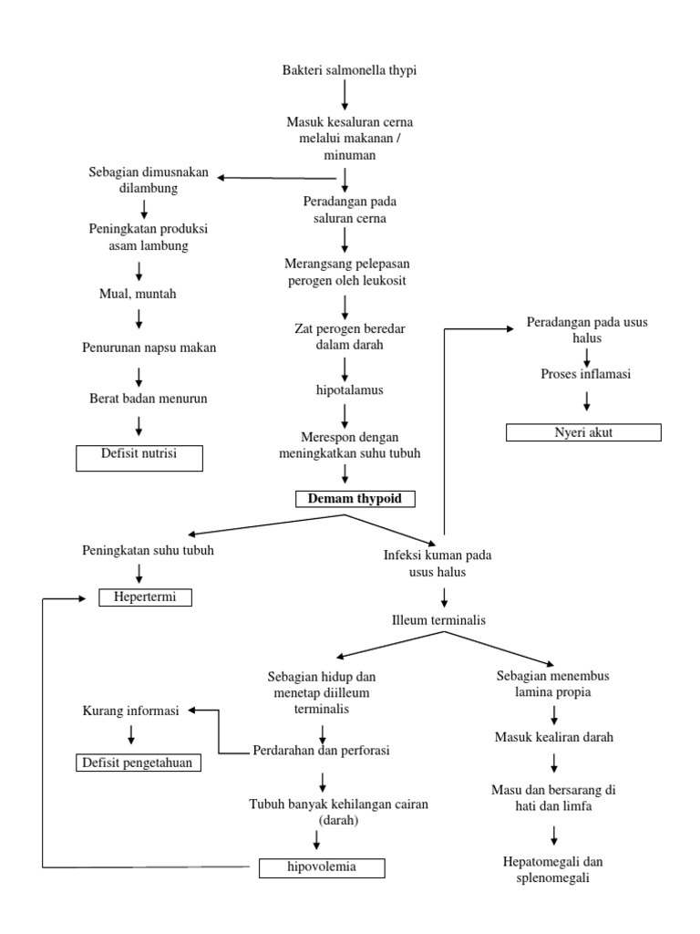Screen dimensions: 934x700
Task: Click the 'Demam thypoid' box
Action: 355,499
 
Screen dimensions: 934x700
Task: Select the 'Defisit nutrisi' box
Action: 139,458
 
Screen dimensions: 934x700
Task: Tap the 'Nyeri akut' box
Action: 583,432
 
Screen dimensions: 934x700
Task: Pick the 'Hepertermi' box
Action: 147,597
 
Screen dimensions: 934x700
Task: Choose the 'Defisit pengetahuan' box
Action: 138,763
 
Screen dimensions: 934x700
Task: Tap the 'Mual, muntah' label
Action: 139,295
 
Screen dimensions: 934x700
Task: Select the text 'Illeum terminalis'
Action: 437,620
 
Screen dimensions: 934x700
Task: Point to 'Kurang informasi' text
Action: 132,711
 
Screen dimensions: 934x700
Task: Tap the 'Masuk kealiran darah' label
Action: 554,737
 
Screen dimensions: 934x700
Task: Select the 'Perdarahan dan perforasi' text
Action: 321,751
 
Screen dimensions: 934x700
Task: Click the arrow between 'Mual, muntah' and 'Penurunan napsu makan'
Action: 139,319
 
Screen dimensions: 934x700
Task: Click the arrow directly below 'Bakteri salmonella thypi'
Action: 345,95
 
